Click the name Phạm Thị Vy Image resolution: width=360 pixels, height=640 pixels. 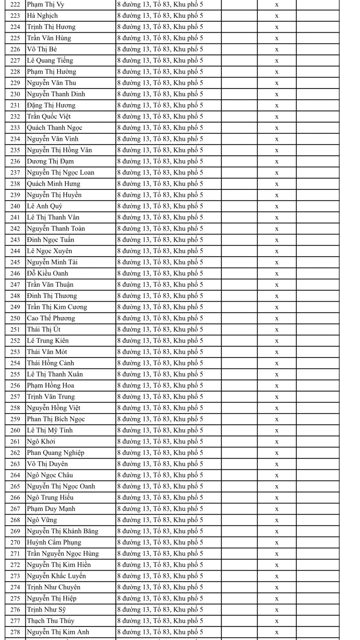46,5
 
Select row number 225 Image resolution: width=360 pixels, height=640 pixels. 15,38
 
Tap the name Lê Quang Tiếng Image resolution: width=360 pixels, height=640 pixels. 50,60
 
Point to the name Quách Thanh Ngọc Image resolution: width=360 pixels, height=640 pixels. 55,128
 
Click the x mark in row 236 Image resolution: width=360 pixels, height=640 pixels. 277,162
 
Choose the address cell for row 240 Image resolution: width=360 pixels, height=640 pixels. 160,206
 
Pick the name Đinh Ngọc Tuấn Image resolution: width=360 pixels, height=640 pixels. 51,240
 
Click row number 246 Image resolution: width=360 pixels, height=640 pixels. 15,273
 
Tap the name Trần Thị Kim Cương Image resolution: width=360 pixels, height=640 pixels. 57,307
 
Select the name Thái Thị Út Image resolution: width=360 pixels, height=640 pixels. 44,329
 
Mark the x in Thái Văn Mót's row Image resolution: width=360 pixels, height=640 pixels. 277,352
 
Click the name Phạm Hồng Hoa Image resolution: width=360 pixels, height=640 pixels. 51,385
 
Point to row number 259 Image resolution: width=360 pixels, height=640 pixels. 15,419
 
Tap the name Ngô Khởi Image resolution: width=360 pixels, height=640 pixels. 41,441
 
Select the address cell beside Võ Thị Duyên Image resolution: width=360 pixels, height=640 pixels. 160,464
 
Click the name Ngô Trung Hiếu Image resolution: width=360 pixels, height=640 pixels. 50,497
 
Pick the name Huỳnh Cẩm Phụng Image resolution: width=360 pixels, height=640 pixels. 54,542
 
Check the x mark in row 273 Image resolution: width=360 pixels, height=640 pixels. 277,576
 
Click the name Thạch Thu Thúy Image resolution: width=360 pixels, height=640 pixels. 51,621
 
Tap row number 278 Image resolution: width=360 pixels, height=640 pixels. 15,632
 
